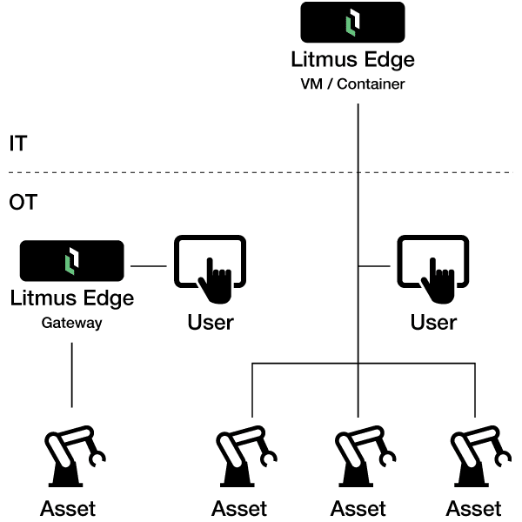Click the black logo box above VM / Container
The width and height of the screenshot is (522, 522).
352,23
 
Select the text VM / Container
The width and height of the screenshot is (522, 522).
352,84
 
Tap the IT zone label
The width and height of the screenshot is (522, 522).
17,144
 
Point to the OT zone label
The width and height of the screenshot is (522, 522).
23,203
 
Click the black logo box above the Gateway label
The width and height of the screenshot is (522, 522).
71,260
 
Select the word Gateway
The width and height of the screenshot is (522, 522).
71,323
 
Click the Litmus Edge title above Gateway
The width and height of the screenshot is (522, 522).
71,299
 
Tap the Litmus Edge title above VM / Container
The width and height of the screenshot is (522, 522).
352,61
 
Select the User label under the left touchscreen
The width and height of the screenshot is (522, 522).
210,322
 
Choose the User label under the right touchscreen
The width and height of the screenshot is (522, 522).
433,322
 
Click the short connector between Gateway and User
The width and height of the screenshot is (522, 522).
148,266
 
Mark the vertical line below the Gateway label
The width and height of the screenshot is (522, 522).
71,374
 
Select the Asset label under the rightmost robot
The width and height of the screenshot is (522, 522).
474,508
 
